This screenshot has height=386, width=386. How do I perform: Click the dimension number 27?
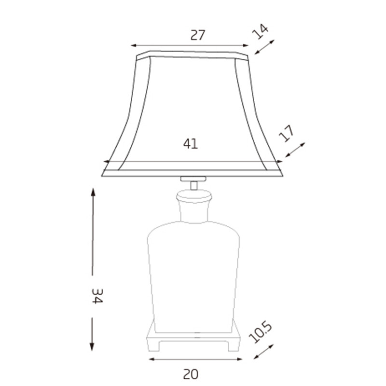coord(198,35)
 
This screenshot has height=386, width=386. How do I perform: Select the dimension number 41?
coord(191,143)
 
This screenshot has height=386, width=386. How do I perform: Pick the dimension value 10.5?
coord(261,333)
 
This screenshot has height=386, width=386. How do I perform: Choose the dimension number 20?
coord(191,373)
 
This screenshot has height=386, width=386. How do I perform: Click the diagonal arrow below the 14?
coord(264,47)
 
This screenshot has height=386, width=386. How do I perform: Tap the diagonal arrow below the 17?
coord(295,150)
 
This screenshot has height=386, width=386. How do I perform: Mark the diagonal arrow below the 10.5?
coord(263,352)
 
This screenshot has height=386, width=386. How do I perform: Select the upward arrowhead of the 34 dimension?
coord(93,193)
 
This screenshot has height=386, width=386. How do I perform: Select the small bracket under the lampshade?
coord(193,179)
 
